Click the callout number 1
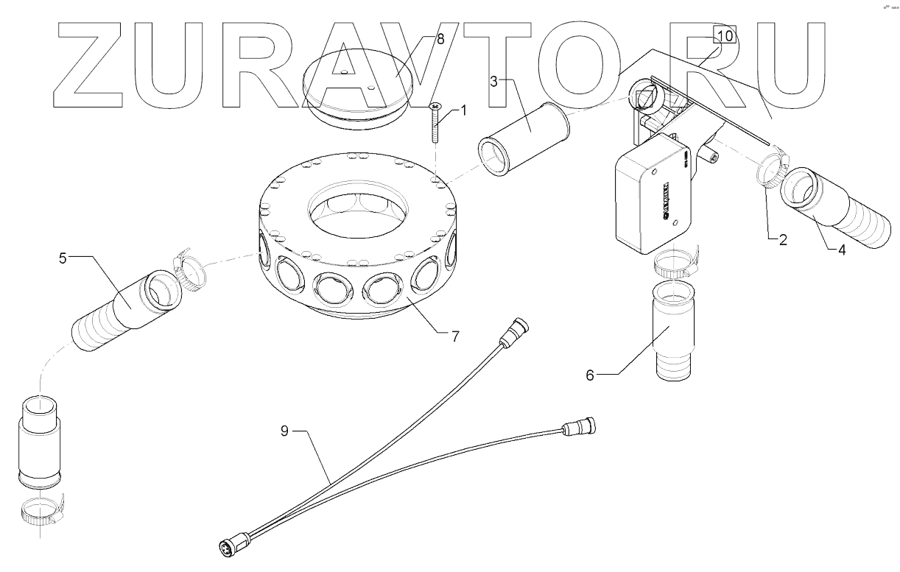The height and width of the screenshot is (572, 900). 464,110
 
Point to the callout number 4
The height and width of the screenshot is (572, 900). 842,249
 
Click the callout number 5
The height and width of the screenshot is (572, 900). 63,258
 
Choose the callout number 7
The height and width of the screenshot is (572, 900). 456,336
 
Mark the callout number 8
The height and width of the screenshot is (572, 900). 440,39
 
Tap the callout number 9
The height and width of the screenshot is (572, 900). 284,432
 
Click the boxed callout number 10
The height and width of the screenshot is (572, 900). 724,35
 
